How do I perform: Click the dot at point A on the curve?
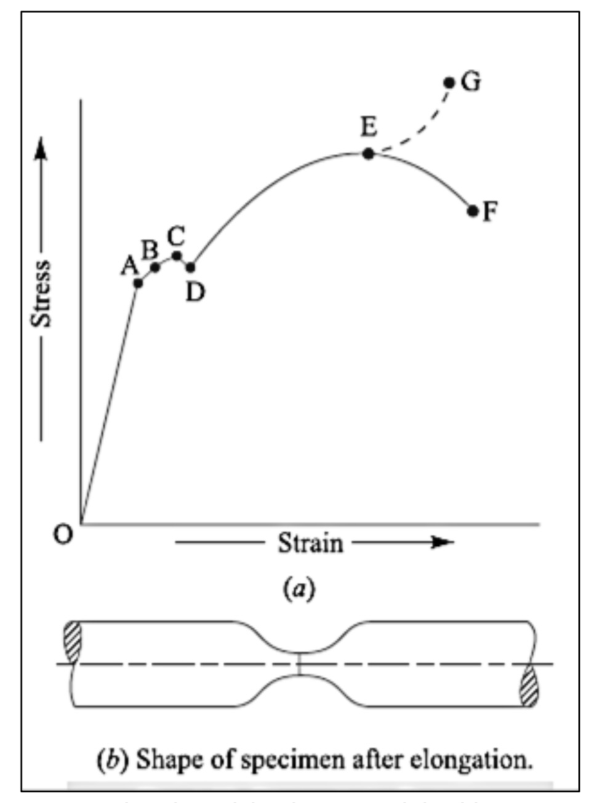[138, 283]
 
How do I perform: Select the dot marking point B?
[155, 267]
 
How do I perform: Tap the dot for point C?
[177, 255]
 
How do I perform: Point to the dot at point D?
[191, 267]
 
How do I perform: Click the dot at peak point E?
[368, 154]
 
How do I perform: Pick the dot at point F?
[473, 211]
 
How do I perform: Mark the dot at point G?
[449, 82]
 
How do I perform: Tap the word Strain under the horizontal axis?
[310, 543]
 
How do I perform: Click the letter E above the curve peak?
[368, 127]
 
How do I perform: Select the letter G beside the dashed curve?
[471, 81]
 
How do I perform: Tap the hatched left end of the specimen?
[72, 642]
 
